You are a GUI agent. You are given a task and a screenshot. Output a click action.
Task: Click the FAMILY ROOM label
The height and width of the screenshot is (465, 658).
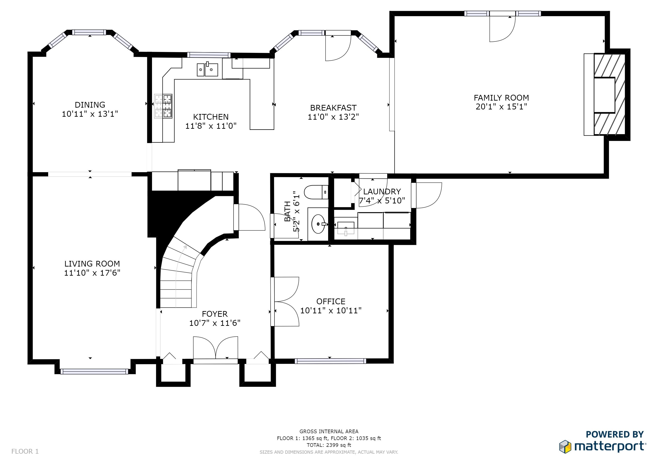(x=501, y=98)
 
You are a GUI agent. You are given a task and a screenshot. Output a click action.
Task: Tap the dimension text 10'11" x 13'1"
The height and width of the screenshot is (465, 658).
(x=90, y=114)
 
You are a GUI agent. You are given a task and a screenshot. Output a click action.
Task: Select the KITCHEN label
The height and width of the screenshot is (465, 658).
(x=211, y=117)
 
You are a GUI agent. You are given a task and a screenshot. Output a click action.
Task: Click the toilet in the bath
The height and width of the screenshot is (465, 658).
(x=316, y=192)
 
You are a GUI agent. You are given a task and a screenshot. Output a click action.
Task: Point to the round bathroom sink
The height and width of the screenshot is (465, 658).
(x=318, y=224)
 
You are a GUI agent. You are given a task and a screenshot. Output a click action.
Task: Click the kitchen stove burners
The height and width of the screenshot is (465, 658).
(x=163, y=106)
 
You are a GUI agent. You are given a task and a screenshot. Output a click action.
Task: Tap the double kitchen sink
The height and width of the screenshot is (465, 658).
(x=207, y=69)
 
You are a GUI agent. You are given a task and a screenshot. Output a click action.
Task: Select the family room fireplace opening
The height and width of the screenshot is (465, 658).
(x=604, y=95)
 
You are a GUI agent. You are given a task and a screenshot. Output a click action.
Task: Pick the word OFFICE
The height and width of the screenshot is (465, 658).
(x=331, y=302)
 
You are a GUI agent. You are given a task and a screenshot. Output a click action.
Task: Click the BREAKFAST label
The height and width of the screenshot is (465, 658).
(x=333, y=108)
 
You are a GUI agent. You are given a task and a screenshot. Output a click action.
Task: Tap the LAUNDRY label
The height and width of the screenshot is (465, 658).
(x=382, y=192)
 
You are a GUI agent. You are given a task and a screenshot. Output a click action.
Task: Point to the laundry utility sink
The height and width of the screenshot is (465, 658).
(x=346, y=228)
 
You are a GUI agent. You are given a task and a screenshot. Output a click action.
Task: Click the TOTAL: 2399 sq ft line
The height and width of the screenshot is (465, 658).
(x=329, y=445)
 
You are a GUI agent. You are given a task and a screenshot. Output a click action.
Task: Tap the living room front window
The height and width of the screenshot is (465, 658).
(x=94, y=372)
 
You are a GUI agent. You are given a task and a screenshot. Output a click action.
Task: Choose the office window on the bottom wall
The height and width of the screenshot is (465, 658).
(x=330, y=361)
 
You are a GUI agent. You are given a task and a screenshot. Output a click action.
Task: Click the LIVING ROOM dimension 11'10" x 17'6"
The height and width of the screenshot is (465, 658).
(x=92, y=273)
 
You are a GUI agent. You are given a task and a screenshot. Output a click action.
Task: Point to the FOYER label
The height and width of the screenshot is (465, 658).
(x=215, y=314)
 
